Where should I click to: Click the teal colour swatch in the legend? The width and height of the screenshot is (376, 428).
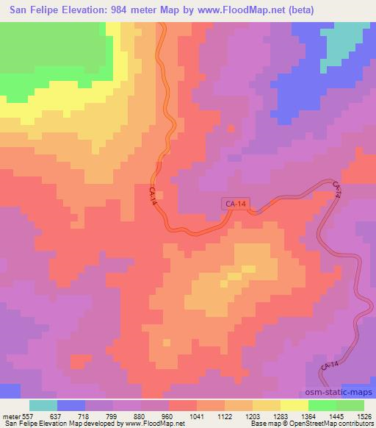(43, 405)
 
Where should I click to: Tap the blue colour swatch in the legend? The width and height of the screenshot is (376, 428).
(71, 405)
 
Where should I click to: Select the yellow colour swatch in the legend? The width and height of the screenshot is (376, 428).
(294, 405)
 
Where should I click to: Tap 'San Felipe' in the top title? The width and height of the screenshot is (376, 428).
(34, 10)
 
